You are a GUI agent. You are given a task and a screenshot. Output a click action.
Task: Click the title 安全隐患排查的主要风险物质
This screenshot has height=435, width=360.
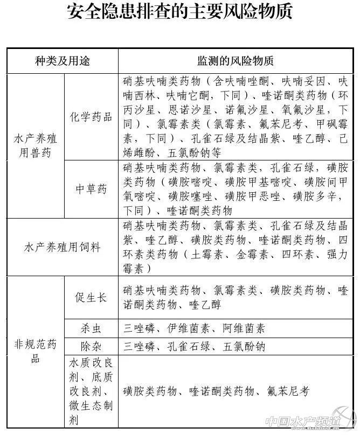pos(180,12)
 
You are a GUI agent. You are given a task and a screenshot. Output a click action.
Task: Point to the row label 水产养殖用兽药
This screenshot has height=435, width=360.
pos(36,145)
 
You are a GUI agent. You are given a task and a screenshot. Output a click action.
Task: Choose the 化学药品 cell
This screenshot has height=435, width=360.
pos(91,116)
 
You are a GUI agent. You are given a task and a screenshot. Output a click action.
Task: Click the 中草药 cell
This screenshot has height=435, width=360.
pos(91,189)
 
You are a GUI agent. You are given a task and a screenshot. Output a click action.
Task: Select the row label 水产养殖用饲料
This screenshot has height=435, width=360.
pos(63,247)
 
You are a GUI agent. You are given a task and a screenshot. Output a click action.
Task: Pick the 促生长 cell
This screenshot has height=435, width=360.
pos(91,298)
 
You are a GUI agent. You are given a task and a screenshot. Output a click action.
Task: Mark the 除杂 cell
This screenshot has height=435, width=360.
pos(91,346)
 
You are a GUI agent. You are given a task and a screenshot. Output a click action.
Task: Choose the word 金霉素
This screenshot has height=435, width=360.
pos(251,254)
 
